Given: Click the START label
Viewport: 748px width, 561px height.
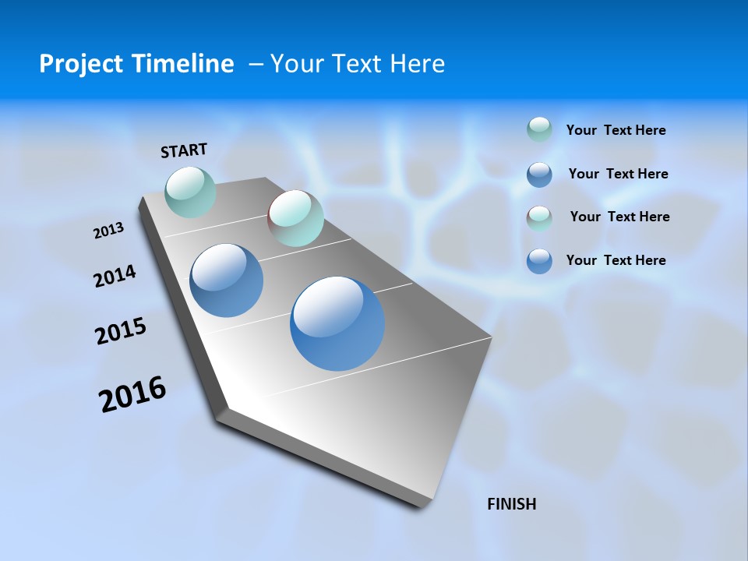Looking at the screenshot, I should point(184,150).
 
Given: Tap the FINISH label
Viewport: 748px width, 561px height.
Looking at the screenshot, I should point(511,504).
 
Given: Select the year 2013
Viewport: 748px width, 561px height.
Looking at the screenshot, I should point(109,231).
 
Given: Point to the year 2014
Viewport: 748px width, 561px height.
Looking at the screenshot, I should point(115,276).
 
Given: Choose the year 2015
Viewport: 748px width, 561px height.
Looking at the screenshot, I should point(121,330).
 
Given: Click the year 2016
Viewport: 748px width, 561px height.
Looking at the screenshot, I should point(132,393).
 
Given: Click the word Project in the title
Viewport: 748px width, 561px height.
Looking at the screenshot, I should point(79,64).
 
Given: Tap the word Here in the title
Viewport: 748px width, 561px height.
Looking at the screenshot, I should point(417,64).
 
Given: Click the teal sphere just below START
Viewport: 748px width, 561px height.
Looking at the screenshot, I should point(191,192).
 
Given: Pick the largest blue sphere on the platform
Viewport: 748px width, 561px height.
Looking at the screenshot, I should point(337,323).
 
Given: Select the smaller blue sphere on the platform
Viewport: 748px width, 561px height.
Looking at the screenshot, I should point(227,280).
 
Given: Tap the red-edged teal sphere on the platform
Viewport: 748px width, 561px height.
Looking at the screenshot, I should point(295,218).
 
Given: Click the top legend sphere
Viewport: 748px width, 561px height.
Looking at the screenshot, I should point(539,129).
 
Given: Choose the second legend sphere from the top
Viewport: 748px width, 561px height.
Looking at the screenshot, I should point(539,175).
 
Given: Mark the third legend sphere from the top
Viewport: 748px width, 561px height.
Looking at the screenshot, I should point(539,218).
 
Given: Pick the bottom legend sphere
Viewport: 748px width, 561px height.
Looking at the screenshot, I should point(539,261).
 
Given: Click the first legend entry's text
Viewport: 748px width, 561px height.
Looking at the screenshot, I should point(616,130).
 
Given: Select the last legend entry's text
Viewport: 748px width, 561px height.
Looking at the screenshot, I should point(616,260).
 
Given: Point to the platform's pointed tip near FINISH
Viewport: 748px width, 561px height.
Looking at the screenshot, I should point(425,505).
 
